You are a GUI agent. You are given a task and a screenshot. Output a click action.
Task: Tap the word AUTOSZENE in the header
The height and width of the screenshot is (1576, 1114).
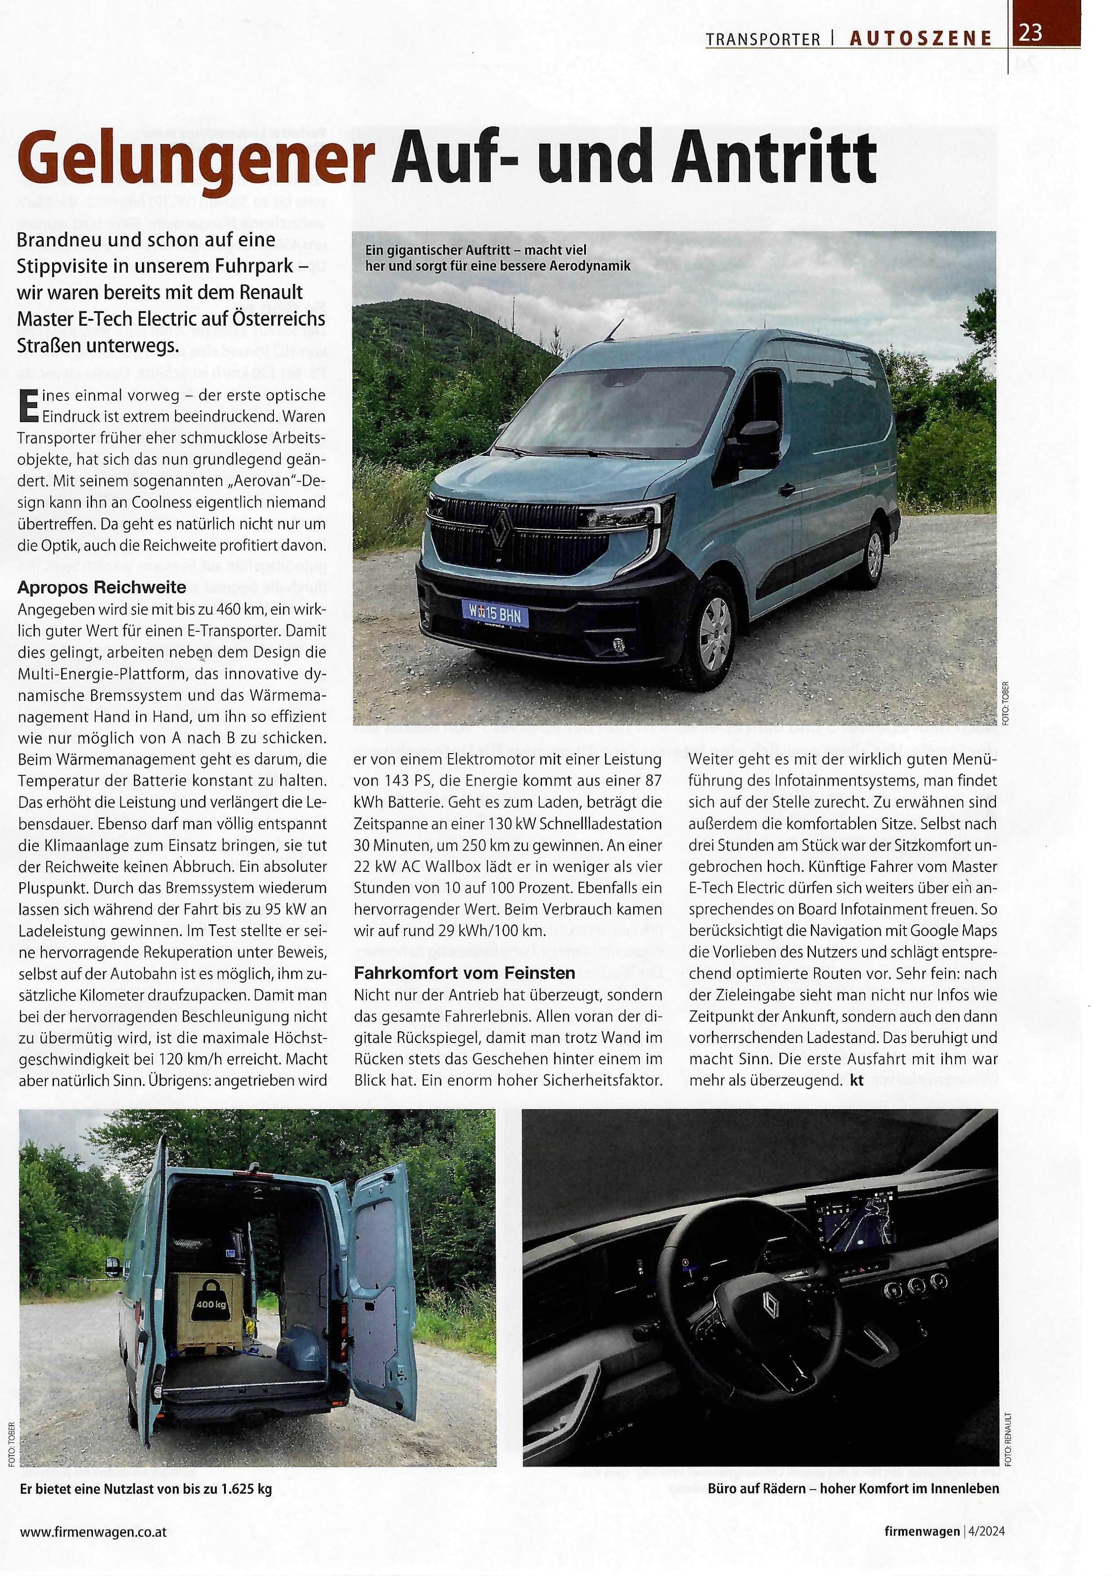(x=920, y=39)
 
